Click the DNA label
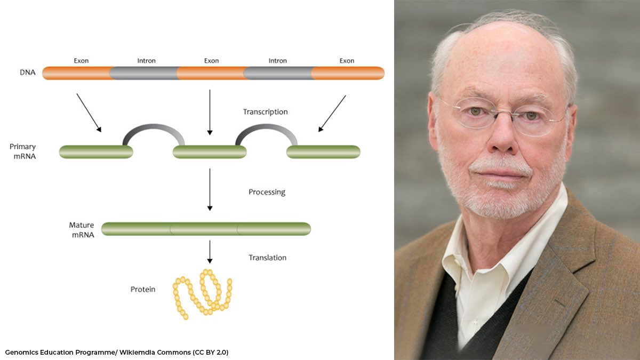coord(27,73)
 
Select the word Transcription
coord(265,112)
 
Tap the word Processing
coord(267,192)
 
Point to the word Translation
coord(267,258)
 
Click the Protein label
coord(143,289)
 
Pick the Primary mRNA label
coord(22,151)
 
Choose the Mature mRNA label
coord(82,229)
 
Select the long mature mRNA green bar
coord(206,229)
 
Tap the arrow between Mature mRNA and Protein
coord(210,252)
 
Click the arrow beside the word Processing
coord(210,189)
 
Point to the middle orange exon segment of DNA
coord(211,73)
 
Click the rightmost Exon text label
coord(347,61)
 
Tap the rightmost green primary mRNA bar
coord(323,152)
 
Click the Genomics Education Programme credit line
coord(117,353)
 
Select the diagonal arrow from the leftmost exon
coord(89,113)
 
